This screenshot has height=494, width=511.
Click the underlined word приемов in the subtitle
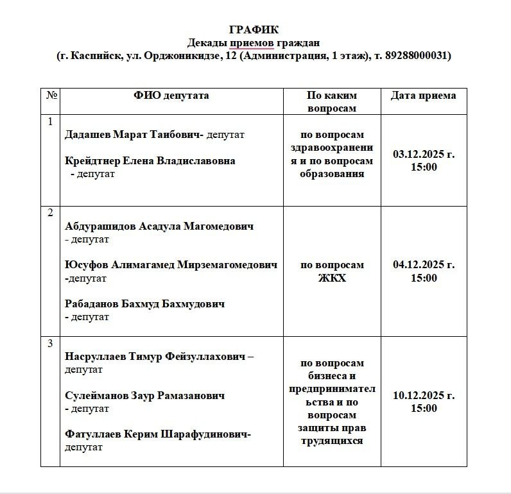pyautogui.click(x=252, y=43)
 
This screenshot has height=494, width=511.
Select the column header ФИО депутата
pyautogui.click(x=171, y=96)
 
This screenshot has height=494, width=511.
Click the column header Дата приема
pyautogui.click(x=423, y=96)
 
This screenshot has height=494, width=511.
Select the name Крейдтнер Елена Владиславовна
pyautogui.click(x=150, y=161)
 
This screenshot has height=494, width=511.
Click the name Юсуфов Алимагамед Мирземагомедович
pyautogui.click(x=171, y=265)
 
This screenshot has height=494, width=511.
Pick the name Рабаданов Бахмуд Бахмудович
pyautogui.click(x=145, y=303)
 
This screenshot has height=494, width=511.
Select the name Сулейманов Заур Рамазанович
pyautogui.click(x=145, y=396)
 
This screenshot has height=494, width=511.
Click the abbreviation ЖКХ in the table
pyautogui.click(x=332, y=278)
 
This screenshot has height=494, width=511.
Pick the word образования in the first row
pyautogui.click(x=332, y=173)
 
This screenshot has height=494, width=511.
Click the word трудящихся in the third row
pyautogui.click(x=332, y=441)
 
